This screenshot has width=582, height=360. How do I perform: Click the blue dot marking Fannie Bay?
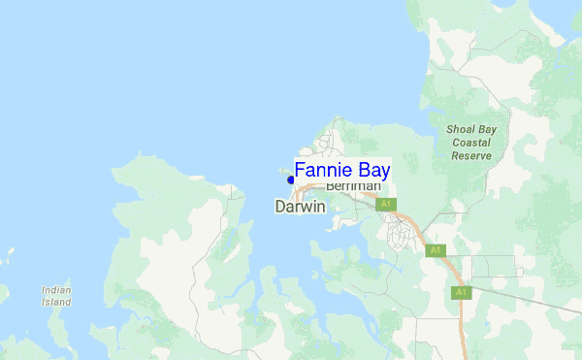[x=290, y=179]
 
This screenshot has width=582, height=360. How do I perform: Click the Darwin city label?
[x=300, y=207]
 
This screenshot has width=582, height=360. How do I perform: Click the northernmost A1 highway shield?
[x=386, y=205]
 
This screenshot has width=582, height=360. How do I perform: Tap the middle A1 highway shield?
[x=436, y=250]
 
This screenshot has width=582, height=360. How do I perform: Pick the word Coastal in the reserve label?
[x=471, y=142]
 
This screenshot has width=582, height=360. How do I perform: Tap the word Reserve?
[x=471, y=155]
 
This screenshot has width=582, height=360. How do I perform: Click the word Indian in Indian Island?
[x=56, y=289]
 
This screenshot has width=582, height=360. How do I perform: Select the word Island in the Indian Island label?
[x=56, y=302]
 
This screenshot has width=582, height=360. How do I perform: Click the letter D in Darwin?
[x=280, y=207]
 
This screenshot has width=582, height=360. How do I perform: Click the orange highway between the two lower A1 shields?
[x=450, y=272]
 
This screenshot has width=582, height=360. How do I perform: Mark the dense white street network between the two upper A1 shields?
[x=402, y=231]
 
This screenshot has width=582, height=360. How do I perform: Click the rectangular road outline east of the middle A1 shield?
[x=495, y=266]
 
